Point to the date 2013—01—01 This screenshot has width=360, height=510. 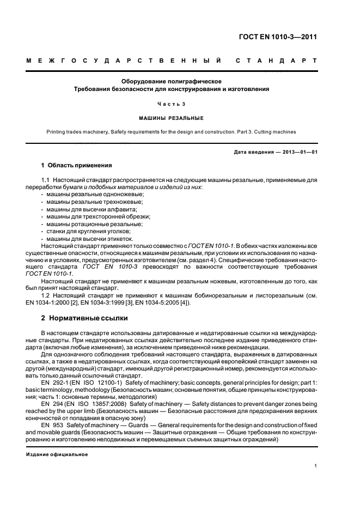(296, 151)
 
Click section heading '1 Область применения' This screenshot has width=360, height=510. (76, 165)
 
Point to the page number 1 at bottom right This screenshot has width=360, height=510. (316, 466)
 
